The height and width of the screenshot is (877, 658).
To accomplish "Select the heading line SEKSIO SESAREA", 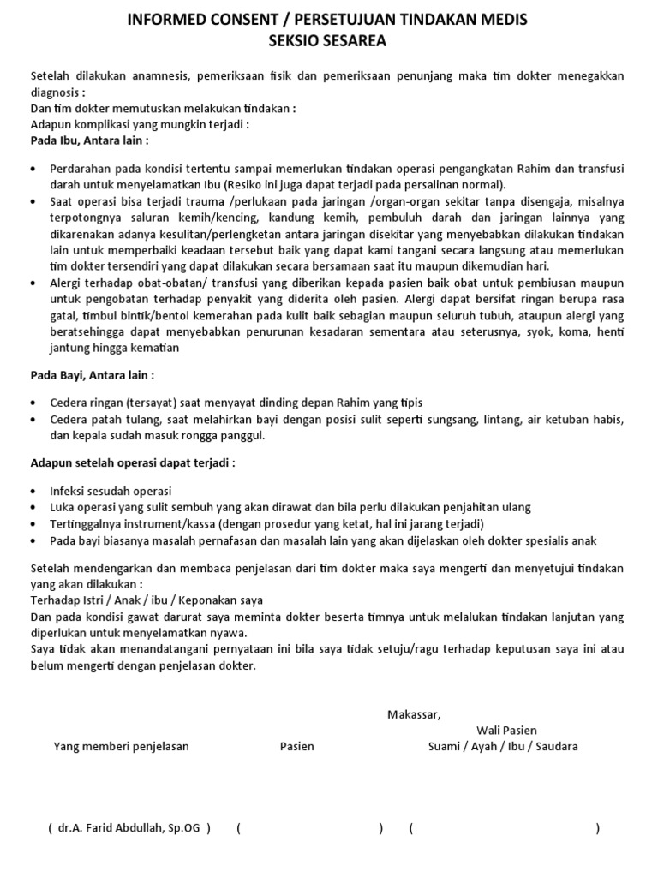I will click(328, 39).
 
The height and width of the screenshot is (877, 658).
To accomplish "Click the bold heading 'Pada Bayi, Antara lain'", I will click(93, 375).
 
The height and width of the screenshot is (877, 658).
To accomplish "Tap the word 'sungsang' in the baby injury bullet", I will click(444, 420).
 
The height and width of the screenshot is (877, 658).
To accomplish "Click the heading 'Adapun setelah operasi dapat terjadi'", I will click(133, 462).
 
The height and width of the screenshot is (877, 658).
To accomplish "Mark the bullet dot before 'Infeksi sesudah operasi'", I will click(33, 492).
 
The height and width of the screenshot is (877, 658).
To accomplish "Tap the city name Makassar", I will click(413, 714).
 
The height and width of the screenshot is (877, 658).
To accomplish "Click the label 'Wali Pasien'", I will click(507, 731).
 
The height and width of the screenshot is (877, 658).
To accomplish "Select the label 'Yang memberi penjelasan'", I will click(122, 747).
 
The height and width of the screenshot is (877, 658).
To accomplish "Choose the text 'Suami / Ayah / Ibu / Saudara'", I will click(503, 747).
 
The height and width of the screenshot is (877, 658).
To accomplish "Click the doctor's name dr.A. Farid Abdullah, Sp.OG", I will click(129, 828).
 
